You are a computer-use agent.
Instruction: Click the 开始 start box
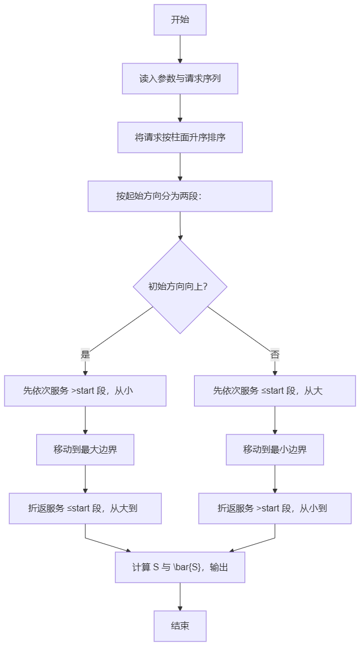[x=180, y=20]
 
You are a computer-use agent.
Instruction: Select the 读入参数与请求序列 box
[x=180, y=79]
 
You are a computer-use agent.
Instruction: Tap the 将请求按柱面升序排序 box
[x=180, y=137]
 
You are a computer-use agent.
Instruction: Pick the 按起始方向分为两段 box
[x=180, y=196]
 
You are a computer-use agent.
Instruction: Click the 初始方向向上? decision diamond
[x=180, y=287]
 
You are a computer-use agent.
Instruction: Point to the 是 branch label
[x=85, y=354]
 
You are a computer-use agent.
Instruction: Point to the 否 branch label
[x=275, y=354]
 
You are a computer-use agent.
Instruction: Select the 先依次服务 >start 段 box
[x=85, y=391]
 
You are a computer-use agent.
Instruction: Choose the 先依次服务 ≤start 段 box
[x=275, y=391]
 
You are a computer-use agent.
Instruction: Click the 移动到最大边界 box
[x=85, y=450]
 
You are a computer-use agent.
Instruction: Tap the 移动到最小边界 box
[x=275, y=450]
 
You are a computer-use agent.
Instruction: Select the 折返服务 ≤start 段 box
[x=85, y=509]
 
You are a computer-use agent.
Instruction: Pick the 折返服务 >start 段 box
[x=275, y=509]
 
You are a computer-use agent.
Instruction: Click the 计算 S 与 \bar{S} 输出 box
[x=180, y=567]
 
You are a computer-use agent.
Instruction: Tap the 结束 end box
[x=180, y=626]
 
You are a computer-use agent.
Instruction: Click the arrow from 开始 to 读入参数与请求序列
[x=180, y=49]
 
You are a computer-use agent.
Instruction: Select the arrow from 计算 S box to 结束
[x=180, y=597]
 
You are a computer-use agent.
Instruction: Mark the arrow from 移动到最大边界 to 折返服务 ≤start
[x=85, y=479]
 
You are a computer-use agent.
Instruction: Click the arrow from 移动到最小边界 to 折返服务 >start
[x=275, y=479]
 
